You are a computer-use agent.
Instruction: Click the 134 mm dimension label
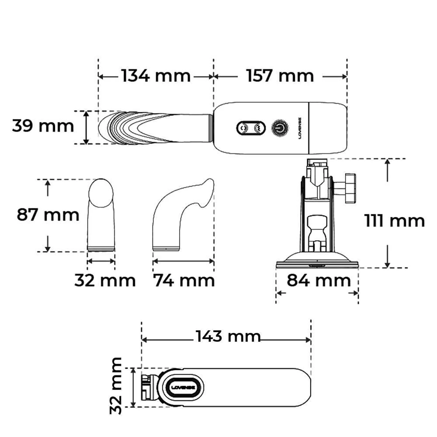156,76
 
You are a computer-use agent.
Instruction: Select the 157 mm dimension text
280,76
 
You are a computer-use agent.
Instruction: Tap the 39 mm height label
43,126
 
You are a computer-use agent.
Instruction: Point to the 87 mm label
48,215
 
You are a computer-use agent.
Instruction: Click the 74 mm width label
184,281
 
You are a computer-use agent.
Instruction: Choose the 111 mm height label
395,221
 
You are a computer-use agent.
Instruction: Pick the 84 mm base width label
319,280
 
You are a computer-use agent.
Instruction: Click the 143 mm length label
228,336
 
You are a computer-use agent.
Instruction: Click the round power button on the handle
280,128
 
